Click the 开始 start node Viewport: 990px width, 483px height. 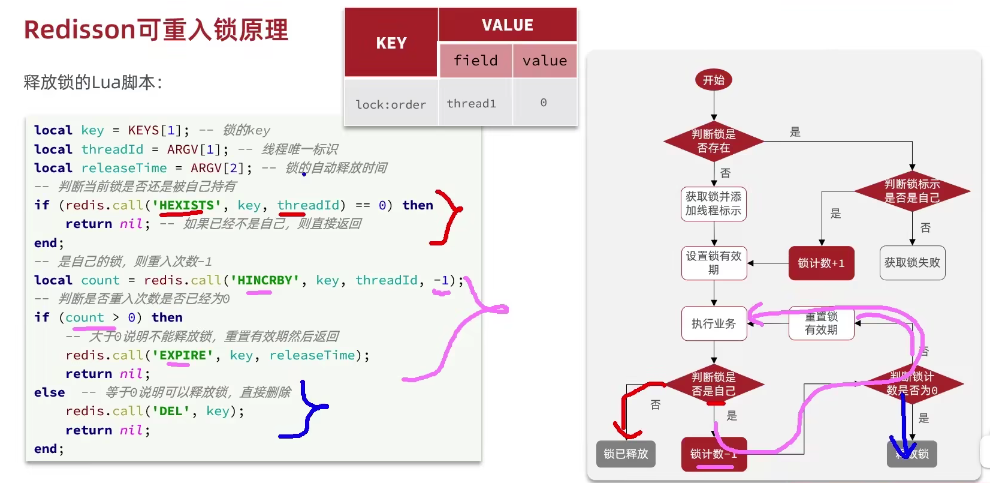(x=713, y=80)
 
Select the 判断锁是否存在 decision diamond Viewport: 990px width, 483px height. (x=713, y=142)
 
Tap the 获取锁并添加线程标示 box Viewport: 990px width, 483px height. (x=713, y=204)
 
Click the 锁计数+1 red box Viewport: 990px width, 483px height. (x=821, y=263)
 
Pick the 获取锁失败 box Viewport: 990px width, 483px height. (x=912, y=263)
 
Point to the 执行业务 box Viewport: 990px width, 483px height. (x=713, y=324)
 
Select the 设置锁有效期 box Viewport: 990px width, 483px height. (x=713, y=263)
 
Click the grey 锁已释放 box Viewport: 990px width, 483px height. (x=626, y=454)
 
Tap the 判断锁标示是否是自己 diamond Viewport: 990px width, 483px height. (x=912, y=191)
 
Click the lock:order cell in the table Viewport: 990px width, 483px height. (x=391, y=104)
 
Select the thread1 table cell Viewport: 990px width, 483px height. (x=472, y=103)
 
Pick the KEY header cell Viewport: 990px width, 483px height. (x=391, y=43)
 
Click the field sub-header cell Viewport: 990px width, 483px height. (x=475, y=61)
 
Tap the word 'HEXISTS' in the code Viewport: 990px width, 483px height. (x=186, y=205)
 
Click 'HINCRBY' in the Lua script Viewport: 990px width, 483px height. (x=265, y=280)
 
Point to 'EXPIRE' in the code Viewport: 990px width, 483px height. (x=183, y=355)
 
